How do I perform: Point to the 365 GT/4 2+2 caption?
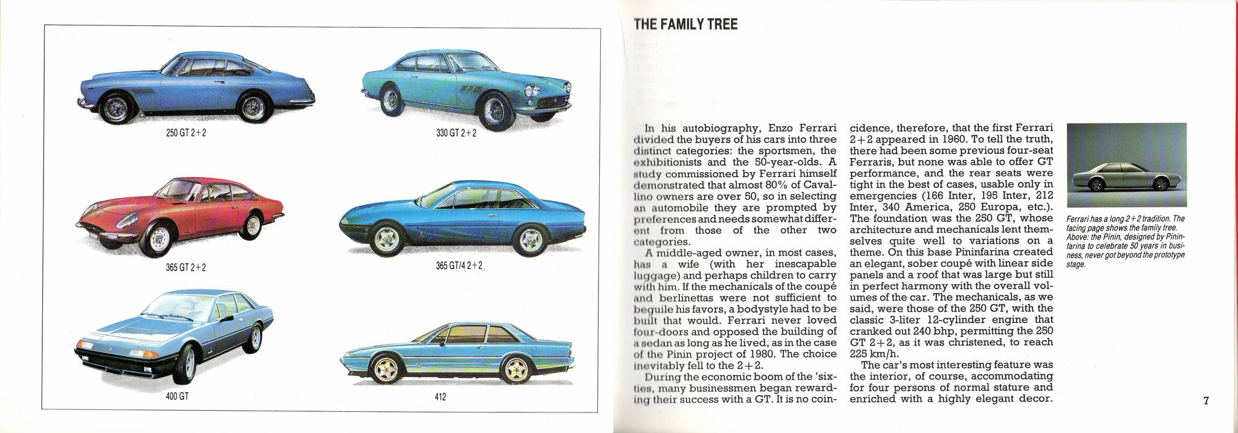[459, 265]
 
